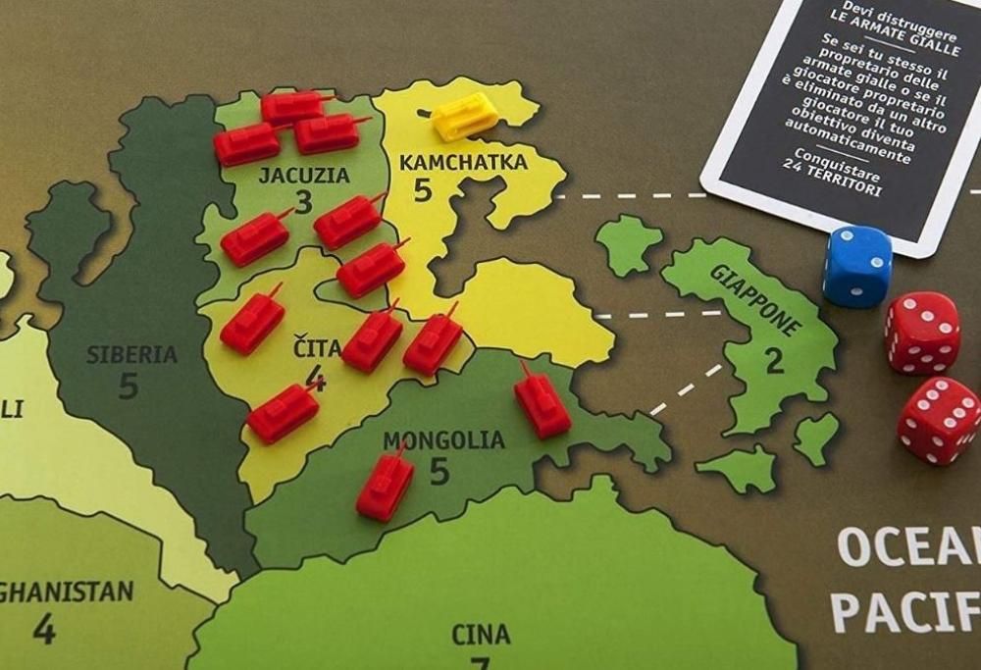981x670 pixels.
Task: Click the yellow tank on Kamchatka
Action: pos(463,116)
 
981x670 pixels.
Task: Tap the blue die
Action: pos(856,266)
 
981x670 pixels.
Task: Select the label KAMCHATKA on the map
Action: pos(463,162)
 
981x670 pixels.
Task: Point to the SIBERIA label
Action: pos(131,354)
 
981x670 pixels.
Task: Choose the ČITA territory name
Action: pos(317,348)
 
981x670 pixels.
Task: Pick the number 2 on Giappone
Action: pos(774,360)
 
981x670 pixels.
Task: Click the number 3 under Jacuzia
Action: pos(303,203)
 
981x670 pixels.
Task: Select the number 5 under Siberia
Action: pos(129,387)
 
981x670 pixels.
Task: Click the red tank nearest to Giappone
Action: pos(542,401)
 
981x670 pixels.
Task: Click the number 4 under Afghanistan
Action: pos(43,628)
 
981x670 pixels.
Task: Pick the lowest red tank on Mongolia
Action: pos(386,486)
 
